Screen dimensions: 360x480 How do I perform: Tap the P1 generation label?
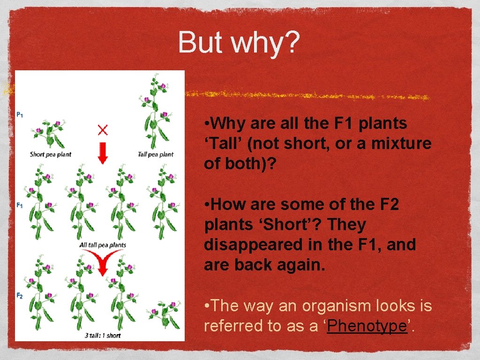[20, 114]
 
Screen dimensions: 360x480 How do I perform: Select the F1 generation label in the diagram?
[20, 205]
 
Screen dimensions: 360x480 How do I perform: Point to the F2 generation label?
[20, 295]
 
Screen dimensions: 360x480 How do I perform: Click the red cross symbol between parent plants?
[102, 129]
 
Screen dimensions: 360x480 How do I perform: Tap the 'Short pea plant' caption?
[50, 154]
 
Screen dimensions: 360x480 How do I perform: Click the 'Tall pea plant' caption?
[156, 154]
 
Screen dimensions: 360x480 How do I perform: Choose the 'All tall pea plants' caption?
[102, 245]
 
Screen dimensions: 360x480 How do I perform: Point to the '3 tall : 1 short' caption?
[102, 335]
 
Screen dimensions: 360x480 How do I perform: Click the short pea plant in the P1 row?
[50, 134]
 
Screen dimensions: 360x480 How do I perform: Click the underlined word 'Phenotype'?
[367, 326]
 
